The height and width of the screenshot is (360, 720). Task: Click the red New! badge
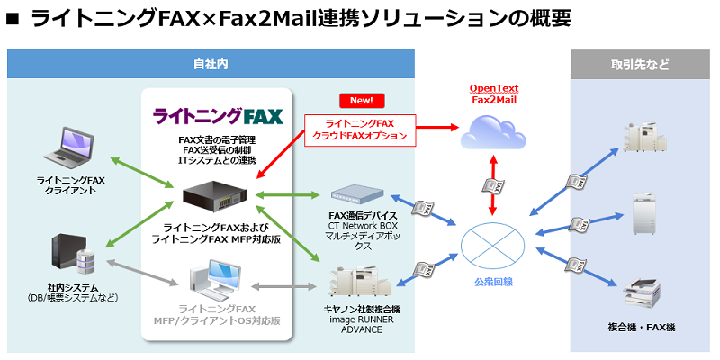tap(362, 100)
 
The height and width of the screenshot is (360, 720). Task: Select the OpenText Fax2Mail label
tap(494, 94)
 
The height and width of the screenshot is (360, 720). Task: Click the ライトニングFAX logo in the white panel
tap(218, 116)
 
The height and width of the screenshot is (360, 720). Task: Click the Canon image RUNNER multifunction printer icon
tap(354, 279)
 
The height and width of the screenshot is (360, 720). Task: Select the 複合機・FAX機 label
tap(641, 328)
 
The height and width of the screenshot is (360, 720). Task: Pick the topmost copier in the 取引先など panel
tap(642, 138)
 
